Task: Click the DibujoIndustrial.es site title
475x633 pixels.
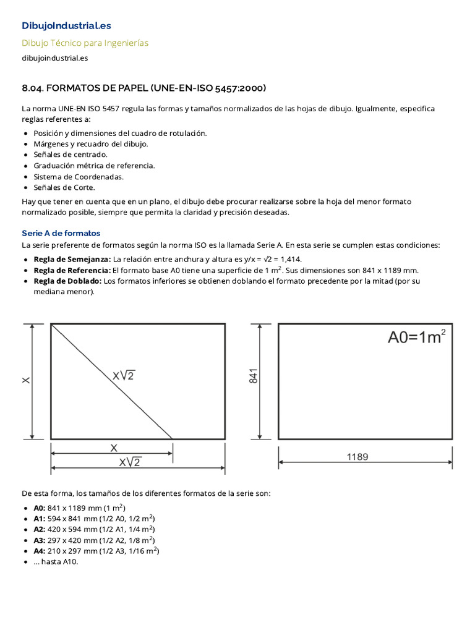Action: [66, 25]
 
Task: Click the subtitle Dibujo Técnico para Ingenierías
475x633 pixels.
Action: [85, 43]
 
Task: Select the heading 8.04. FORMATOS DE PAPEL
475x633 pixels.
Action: [143, 88]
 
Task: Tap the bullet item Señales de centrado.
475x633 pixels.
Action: [71, 155]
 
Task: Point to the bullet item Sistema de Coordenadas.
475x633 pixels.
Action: [79, 177]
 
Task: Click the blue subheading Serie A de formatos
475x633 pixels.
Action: [61, 233]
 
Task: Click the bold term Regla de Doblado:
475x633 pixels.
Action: [67, 281]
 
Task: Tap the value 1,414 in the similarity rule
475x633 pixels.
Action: [290, 259]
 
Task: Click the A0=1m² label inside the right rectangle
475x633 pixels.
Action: [416, 337]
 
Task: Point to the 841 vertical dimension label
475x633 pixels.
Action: [254, 376]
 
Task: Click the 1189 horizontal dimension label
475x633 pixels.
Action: [357, 457]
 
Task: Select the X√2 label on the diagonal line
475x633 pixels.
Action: [123, 375]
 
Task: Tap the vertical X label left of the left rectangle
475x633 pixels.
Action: [26, 380]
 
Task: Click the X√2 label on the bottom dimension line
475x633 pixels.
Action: [130, 462]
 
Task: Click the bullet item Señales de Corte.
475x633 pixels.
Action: [64, 188]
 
